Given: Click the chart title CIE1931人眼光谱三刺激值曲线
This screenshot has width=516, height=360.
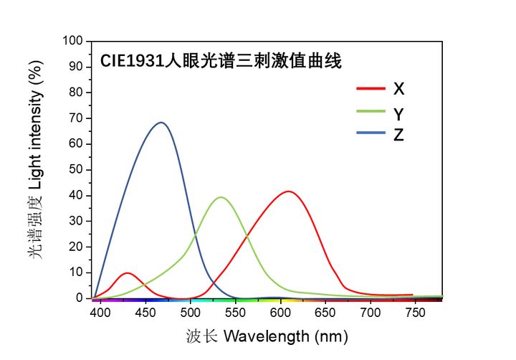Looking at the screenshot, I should [x=220, y=61].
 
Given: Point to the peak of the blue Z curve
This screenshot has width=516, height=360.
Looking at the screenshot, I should [x=161, y=123].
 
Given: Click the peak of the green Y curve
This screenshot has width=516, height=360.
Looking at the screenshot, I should [x=221, y=197].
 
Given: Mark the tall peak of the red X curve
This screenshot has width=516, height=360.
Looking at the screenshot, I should [x=289, y=191].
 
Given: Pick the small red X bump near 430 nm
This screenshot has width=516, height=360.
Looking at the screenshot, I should [x=128, y=273].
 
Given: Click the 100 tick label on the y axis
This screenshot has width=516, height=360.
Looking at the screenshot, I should [x=75, y=41].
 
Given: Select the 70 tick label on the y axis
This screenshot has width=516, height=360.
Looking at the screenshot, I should [x=77, y=118].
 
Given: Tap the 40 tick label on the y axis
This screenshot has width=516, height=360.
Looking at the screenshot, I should [x=77, y=195].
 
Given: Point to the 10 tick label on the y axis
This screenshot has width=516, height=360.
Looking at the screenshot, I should [x=77, y=273].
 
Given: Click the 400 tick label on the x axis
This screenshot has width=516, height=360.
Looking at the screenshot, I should [x=101, y=313].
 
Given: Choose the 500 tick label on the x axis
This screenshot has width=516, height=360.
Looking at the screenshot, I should [x=191, y=313].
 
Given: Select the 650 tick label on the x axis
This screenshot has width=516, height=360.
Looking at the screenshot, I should [x=325, y=313].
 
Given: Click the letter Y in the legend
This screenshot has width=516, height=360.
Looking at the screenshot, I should [x=398, y=113].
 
